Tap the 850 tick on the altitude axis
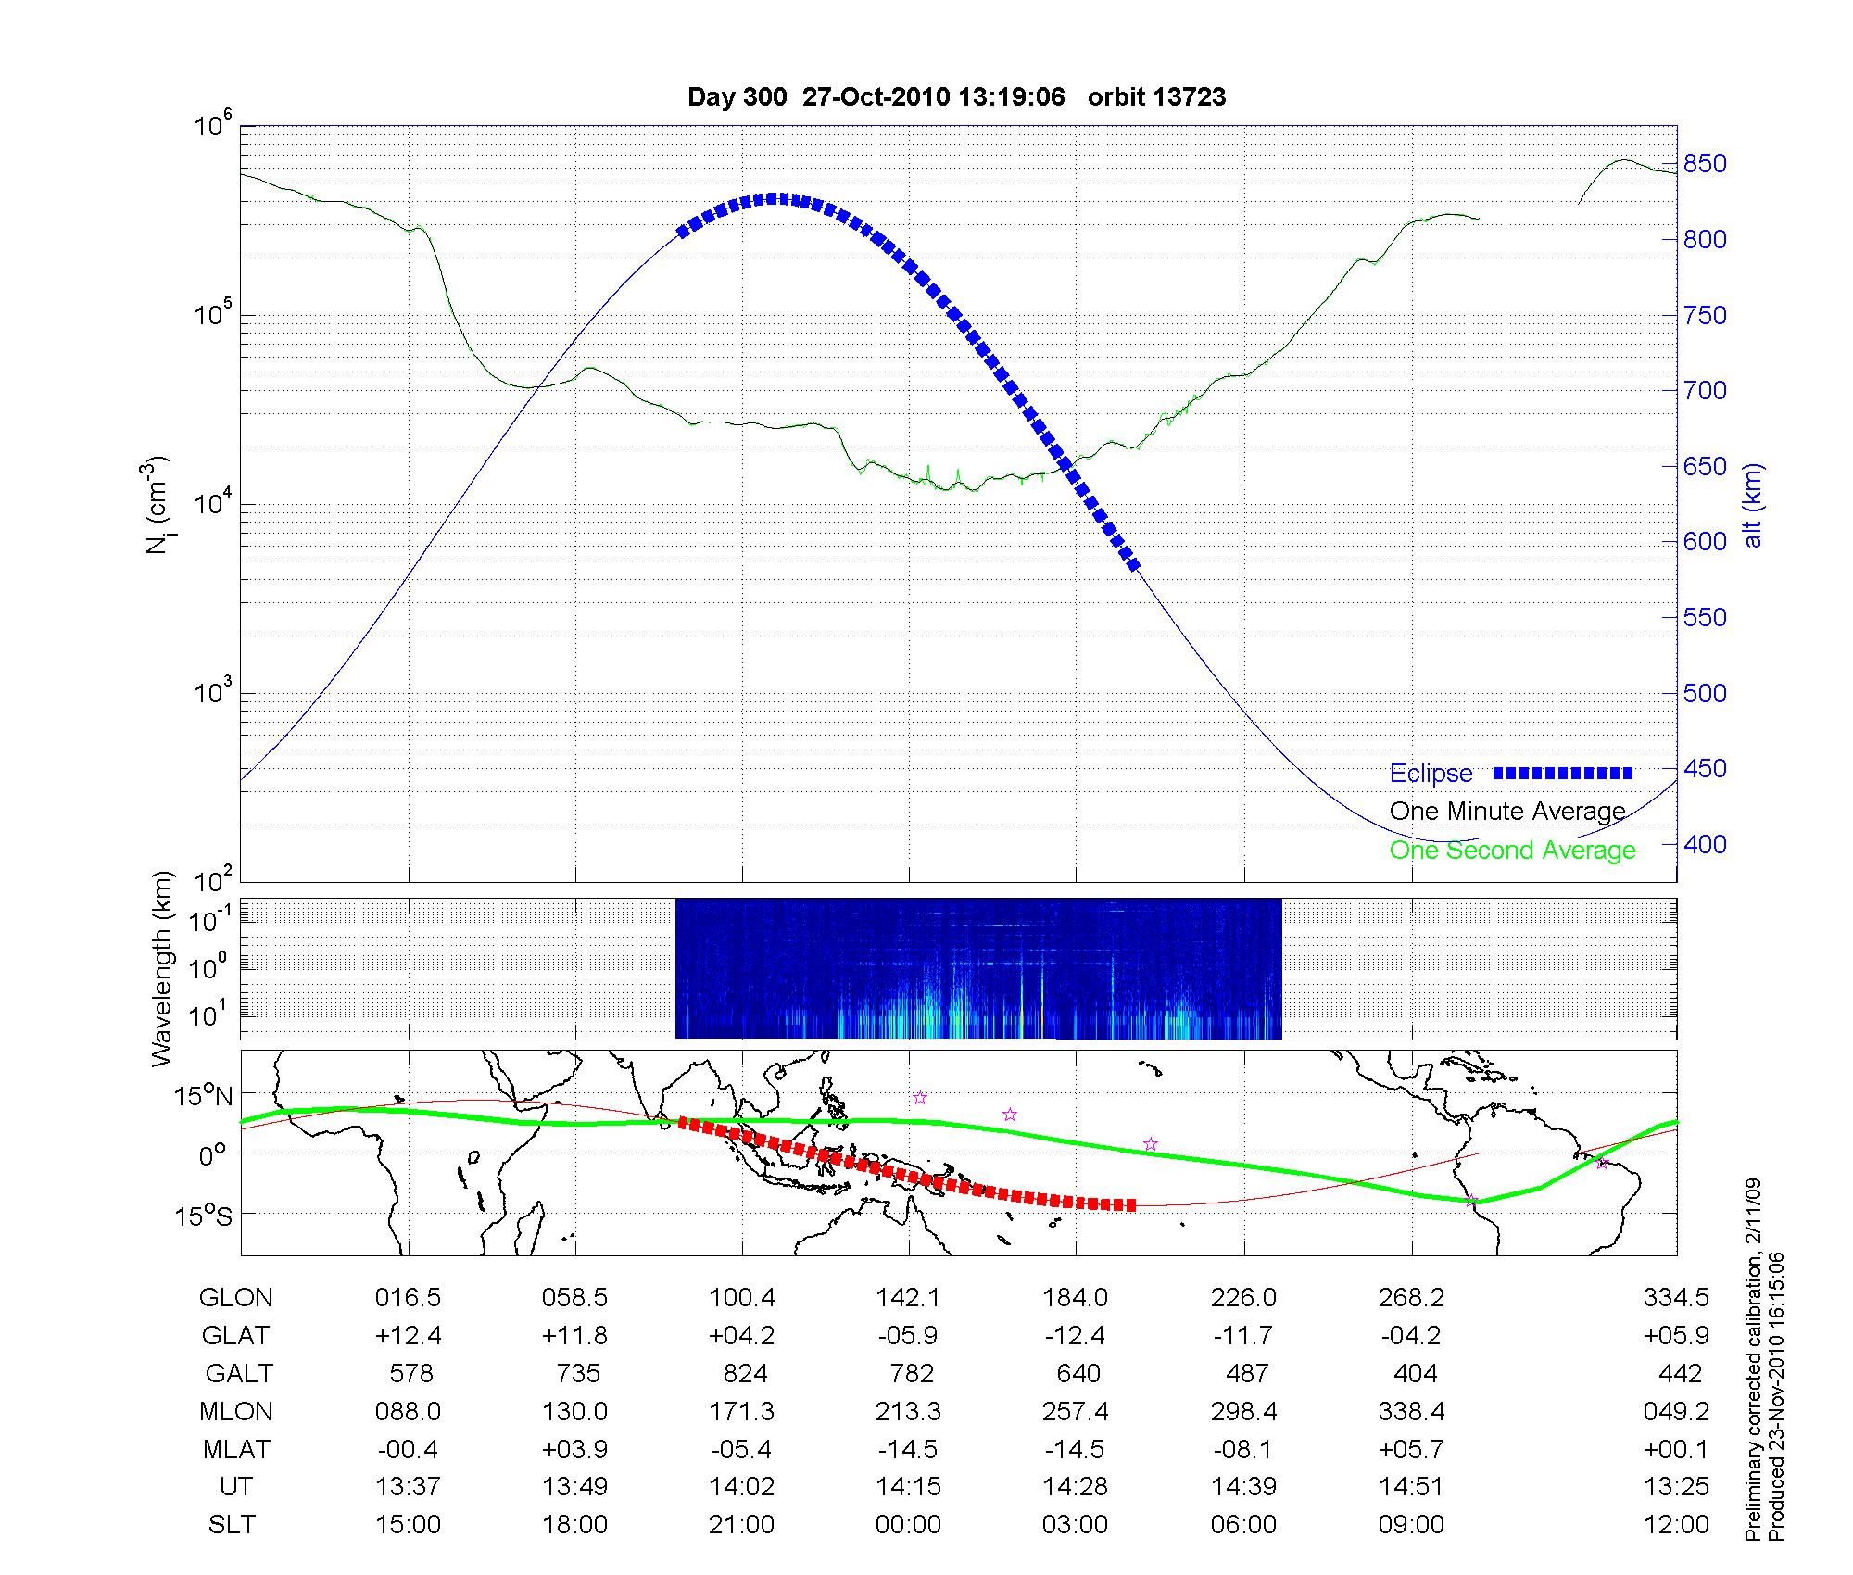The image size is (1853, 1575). point(1705,164)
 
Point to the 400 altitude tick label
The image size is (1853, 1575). point(1705,844)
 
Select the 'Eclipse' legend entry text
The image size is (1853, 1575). point(1431,774)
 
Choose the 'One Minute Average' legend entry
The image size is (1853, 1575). point(1507,812)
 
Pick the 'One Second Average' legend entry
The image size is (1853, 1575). point(1512,850)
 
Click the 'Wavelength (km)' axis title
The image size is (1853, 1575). point(163,968)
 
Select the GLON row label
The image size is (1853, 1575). point(235,1298)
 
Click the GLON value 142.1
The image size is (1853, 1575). point(908,1298)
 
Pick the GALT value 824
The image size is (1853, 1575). point(745,1373)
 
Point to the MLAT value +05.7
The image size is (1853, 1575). point(1410,1449)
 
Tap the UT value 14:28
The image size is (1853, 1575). point(1075,1487)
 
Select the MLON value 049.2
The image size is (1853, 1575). point(1675,1411)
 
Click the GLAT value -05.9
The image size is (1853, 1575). point(910,1335)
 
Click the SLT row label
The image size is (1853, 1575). point(232,1525)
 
